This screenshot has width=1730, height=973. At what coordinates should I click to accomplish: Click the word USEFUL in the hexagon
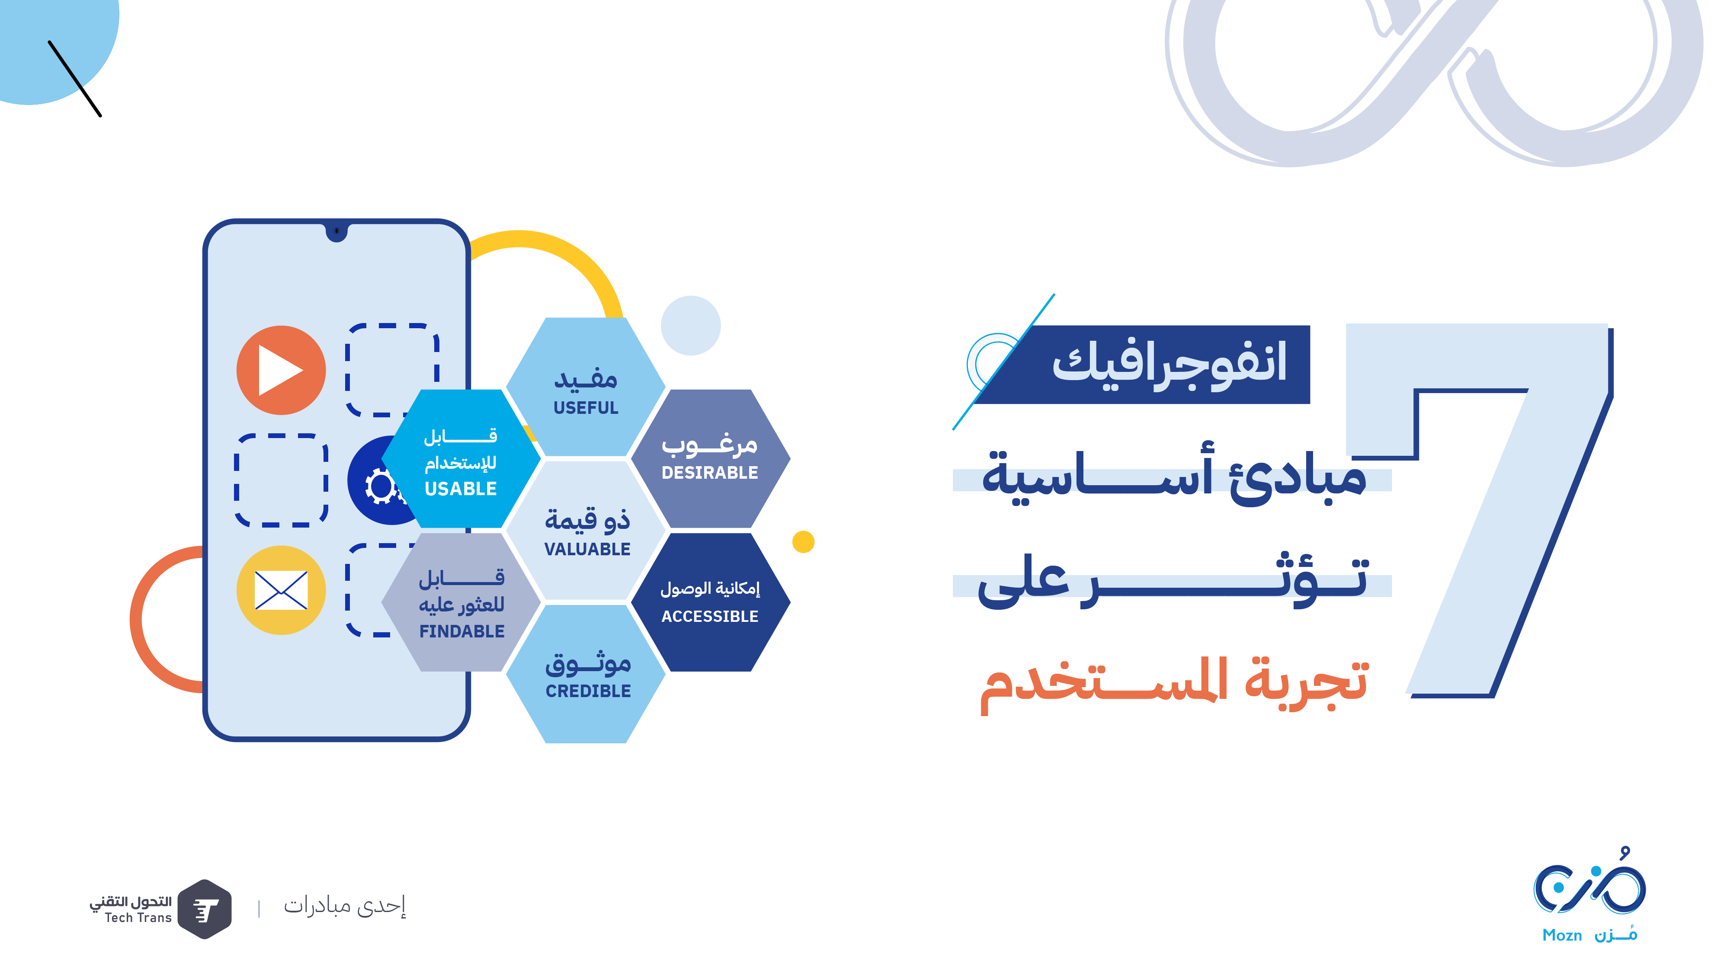coord(586,408)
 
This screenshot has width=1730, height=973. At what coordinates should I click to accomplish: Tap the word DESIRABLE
coord(709,473)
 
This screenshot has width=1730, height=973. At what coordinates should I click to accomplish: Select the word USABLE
coord(461,489)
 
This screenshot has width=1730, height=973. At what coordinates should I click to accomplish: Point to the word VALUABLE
coord(587,549)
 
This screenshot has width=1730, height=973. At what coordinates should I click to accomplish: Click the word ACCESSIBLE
coord(710,616)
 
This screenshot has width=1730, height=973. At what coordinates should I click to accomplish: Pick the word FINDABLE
coord(462,631)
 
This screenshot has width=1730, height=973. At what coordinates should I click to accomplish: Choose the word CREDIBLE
coord(588,691)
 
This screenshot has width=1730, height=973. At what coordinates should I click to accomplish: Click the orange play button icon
coord(281,370)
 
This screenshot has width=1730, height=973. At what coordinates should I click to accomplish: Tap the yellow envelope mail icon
coord(281,590)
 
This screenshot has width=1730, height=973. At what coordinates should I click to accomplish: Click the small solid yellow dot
coord(803,542)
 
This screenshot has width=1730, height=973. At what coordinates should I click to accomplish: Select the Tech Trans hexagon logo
coord(205,909)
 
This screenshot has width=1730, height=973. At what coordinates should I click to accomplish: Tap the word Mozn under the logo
coord(1562,935)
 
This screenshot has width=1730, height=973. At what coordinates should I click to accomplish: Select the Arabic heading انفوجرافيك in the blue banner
coord(1169,363)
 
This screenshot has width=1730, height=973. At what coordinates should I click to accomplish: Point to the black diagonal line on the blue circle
coord(74,79)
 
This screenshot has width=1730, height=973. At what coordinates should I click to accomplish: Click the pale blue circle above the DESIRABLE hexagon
coord(690,326)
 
